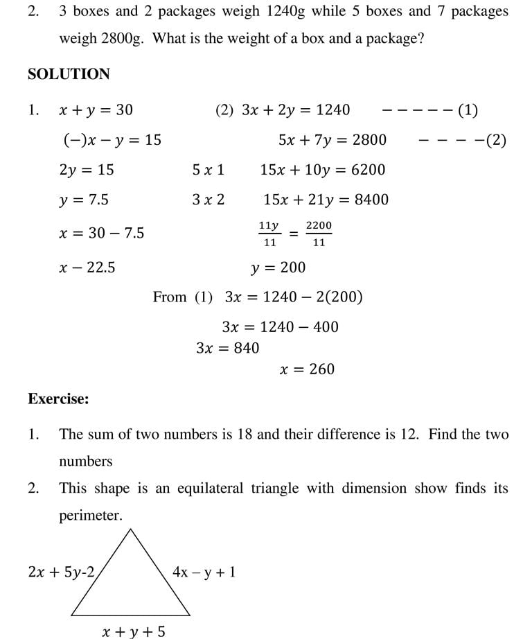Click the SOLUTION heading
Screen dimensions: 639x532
point(69,74)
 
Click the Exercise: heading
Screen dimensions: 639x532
point(58,399)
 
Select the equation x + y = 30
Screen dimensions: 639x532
point(96,110)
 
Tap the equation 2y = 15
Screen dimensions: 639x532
point(87,170)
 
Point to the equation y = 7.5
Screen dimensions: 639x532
point(84,200)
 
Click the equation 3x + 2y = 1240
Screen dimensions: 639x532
point(296,110)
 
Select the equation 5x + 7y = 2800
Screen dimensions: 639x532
point(332,141)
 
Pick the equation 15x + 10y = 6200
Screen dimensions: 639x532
point(323,170)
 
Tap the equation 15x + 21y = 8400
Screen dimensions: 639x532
point(326,200)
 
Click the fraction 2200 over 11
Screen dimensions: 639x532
point(319,234)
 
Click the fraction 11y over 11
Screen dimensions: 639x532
point(269,234)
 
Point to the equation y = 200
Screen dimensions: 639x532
point(278,268)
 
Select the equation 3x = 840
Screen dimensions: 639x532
point(227,348)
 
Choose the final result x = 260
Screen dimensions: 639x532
point(307,369)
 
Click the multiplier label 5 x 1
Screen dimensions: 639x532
point(209,170)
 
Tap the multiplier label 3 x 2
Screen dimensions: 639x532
point(209,200)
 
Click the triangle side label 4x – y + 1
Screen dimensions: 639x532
point(204,572)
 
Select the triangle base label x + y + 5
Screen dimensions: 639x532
point(134,631)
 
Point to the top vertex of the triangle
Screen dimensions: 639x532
point(130,529)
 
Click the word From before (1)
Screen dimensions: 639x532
point(170,297)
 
